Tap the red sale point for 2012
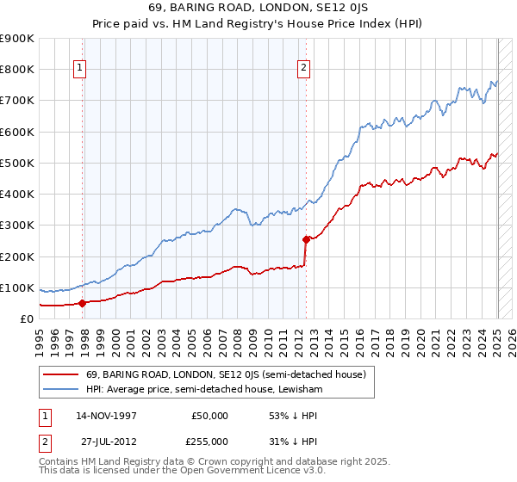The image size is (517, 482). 306,239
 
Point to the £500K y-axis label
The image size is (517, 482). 18,163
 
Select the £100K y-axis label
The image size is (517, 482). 18,287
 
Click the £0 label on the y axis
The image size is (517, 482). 26,318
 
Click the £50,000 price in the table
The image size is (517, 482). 209,416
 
